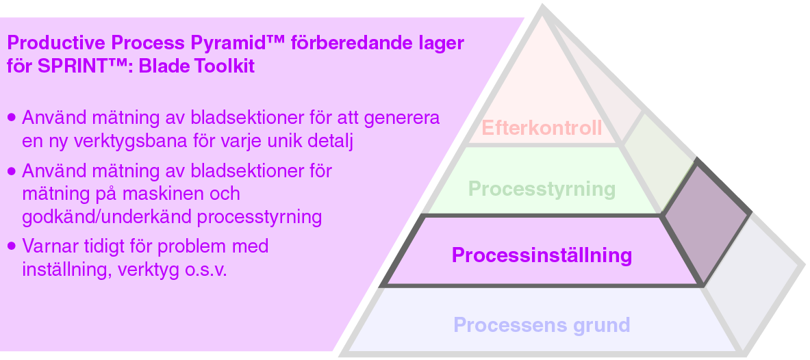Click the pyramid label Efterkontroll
542,128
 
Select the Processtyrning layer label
542,188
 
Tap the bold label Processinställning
542,255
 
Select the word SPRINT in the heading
66,67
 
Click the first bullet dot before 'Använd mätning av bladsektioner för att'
11,118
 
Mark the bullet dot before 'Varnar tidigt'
11,246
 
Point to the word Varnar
50,246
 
